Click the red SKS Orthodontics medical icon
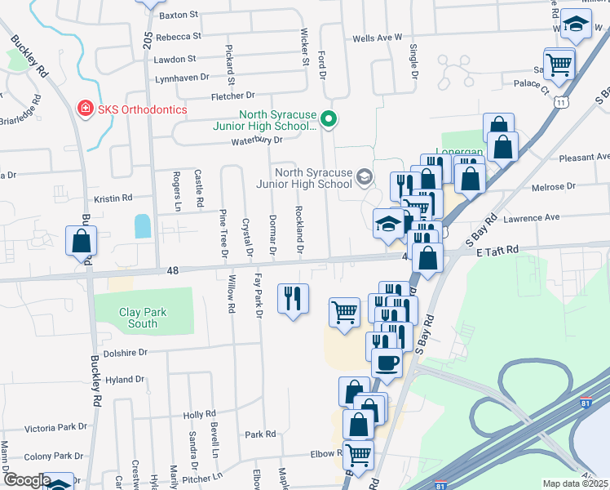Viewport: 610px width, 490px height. coord(83,109)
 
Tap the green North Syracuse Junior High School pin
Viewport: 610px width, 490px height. coord(329,120)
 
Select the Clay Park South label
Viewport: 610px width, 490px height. coord(143,318)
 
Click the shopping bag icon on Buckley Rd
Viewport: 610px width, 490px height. coord(82,242)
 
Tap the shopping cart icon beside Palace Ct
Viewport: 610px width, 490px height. coord(559,64)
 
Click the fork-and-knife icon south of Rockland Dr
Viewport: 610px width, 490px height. coord(293,298)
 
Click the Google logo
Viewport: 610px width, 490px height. coord(26,480)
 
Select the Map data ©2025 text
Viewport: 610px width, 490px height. coord(575,483)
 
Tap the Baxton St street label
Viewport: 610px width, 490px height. coord(179,15)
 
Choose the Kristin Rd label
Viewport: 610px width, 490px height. coord(113,198)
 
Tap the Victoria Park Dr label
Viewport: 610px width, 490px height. coord(55,427)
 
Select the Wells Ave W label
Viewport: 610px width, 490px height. coord(378,38)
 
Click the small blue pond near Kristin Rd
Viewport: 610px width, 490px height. coord(143,225)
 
